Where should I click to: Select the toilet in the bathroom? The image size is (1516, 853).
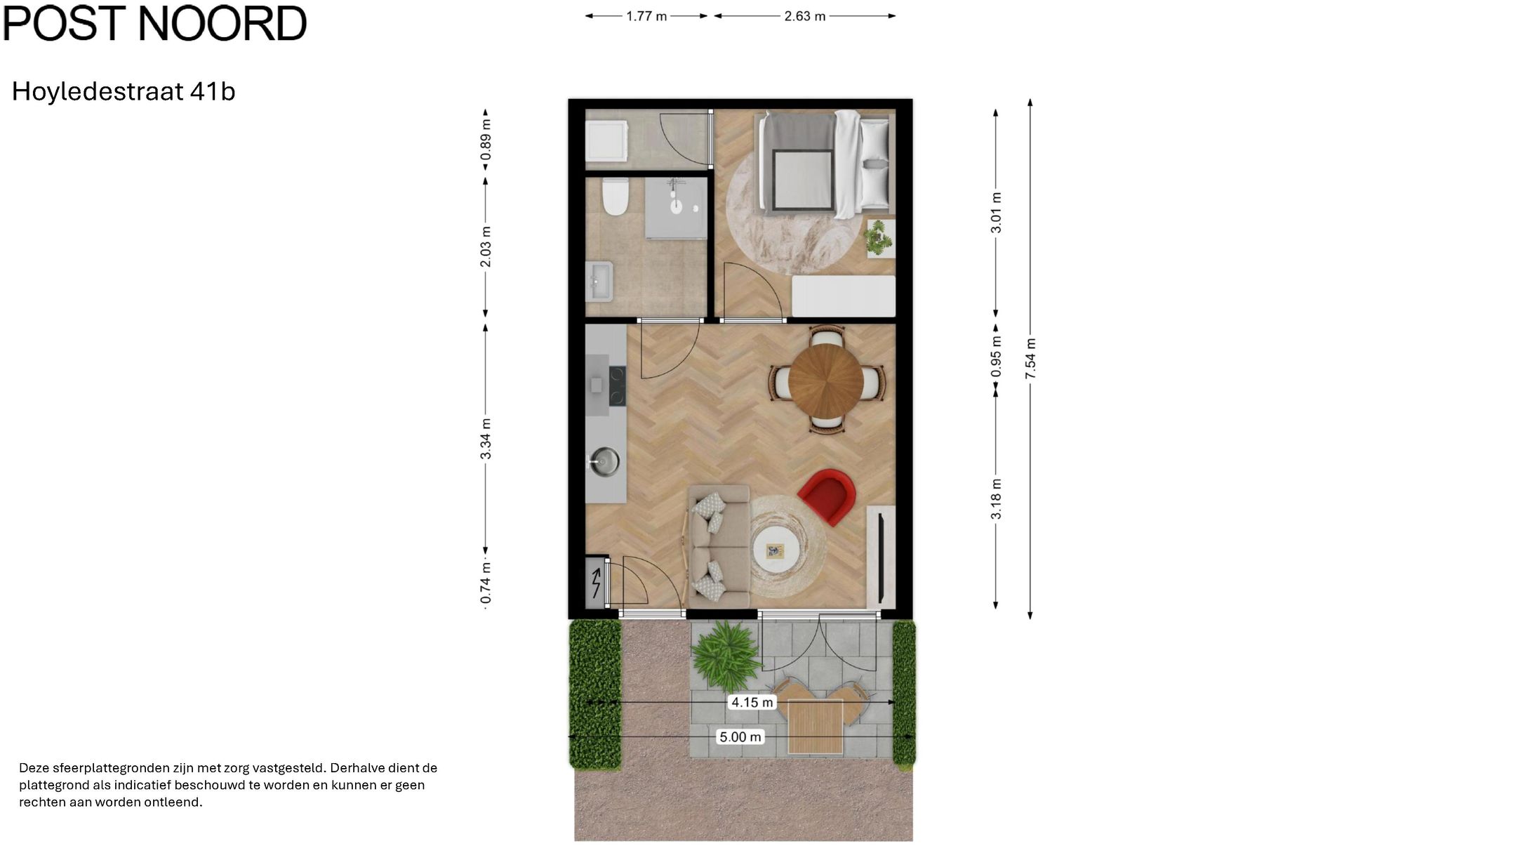615,197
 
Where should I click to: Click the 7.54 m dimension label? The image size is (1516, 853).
1030,359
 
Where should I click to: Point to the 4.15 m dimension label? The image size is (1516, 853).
752,702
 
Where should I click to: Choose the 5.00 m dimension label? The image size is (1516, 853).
740,736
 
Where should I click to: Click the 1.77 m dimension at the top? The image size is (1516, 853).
646,16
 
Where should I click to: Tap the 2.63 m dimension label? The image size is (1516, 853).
805,16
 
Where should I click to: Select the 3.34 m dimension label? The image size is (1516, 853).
486,439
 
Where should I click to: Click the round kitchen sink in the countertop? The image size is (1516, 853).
604,461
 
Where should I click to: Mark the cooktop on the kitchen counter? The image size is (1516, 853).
617,386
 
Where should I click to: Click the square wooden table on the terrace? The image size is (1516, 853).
815,727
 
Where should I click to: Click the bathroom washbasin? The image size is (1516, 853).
599,281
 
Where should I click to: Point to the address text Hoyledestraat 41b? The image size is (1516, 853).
124,91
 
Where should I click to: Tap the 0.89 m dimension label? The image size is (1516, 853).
486,139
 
